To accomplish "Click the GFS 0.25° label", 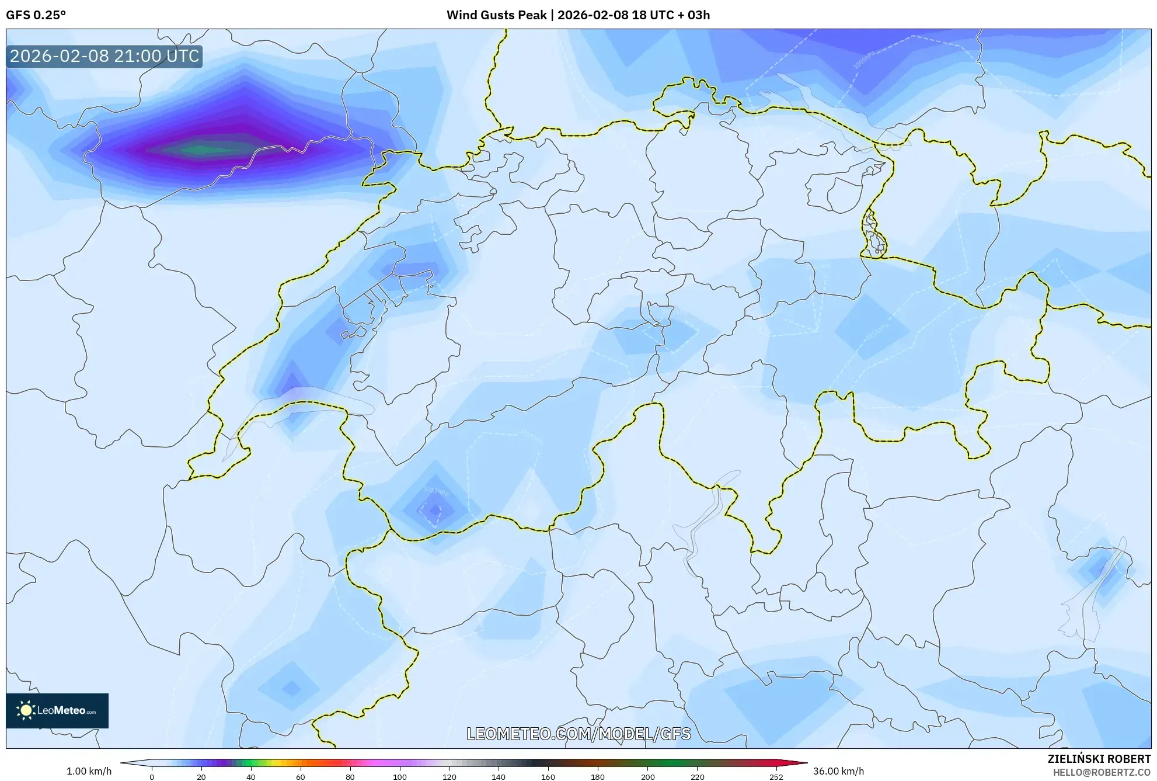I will coord(36,15).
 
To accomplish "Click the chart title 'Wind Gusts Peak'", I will coord(496,15).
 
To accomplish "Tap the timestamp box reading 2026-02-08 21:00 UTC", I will coord(104,56).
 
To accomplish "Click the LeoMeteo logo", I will coord(57,710).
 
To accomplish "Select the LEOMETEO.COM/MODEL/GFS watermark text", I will coord(578,734).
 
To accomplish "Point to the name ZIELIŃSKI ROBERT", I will coord(1099,759).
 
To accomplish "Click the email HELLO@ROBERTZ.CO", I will coord(1102,772).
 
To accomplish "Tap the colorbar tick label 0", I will coord(152,777).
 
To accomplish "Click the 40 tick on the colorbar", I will coord(251,777).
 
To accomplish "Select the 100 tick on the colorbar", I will coord(400,777).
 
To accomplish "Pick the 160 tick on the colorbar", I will coord(548,777).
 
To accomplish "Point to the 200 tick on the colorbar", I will coord(647,777).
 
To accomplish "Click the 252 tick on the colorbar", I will coord(776,777).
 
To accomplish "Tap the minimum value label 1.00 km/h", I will coord(89,771).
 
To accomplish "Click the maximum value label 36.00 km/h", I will coord(838,771).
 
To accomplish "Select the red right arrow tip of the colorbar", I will coord(802,763).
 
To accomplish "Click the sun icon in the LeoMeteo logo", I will coord(26,710).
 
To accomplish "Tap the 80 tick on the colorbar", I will coord(350,777).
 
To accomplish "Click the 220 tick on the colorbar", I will coord(697,777).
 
